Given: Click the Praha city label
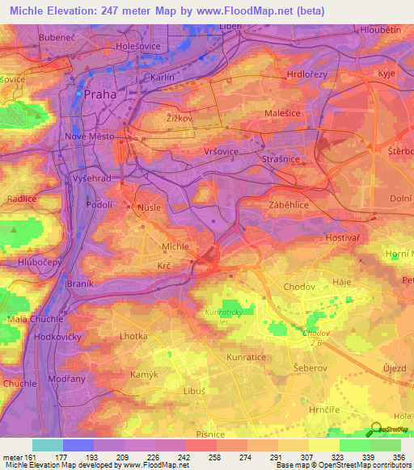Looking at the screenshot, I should [100, 94].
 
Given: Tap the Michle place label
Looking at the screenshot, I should [175, 246].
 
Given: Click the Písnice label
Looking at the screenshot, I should [210, 434].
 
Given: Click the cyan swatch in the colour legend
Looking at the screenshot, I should [48, 445].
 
